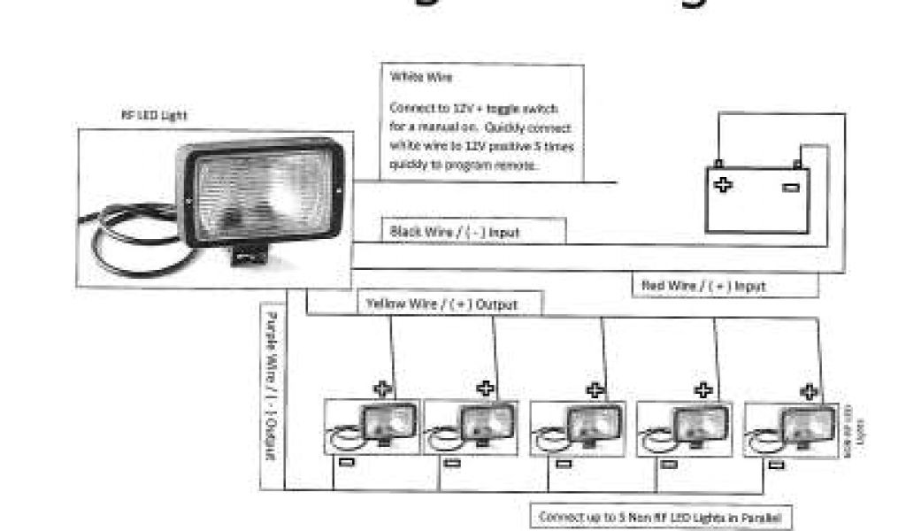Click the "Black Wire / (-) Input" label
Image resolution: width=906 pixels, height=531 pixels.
coord(454,232)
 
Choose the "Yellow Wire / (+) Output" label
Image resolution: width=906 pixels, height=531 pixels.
coord(441,304)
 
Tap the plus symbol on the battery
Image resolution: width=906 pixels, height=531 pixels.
coord(723,185)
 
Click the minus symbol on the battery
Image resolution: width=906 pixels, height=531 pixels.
coord(790,187)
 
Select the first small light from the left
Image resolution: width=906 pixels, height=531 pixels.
coord(372,427)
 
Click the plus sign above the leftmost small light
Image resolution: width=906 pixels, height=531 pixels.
coord(382,388)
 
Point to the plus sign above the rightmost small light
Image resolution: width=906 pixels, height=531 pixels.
coord(808,389)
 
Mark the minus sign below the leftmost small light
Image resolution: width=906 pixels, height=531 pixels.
coord(348,462)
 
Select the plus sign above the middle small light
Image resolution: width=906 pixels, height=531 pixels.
coord(595,389)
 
